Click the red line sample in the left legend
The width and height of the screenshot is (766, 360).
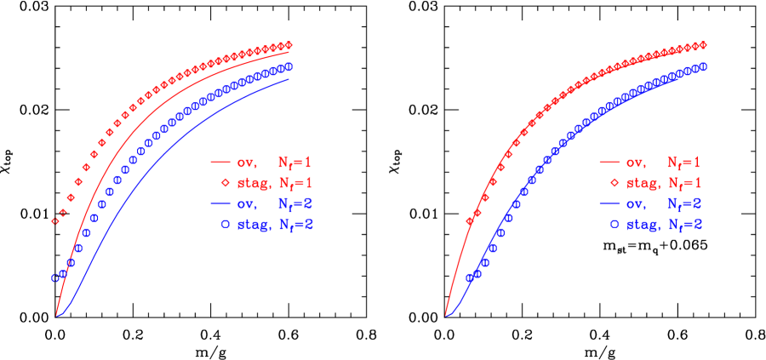(x=220, y=162)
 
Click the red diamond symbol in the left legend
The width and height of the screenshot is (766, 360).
(x=226, y=182)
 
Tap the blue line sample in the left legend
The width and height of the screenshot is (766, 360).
(x=220, y=204)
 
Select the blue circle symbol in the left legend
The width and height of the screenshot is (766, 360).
(x=226, y=225)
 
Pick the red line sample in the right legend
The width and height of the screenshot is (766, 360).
(x=609, y=162)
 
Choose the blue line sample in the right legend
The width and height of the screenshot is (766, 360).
(x=609, y=204)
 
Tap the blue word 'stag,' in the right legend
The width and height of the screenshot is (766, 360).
(x=641, y=226)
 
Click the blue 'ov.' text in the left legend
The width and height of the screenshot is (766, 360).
(x=246, y=205)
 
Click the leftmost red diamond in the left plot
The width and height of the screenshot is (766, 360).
(x=55, y=221)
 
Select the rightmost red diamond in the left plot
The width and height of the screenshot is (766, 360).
(x=289, y=44)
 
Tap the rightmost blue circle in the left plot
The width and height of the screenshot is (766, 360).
(x=289, y=66)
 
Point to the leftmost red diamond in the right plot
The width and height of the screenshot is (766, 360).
(x=470, y=221)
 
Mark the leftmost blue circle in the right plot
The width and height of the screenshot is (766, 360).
(x=470, y=277)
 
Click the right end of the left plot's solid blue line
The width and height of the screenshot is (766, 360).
(x=290, y=79)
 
